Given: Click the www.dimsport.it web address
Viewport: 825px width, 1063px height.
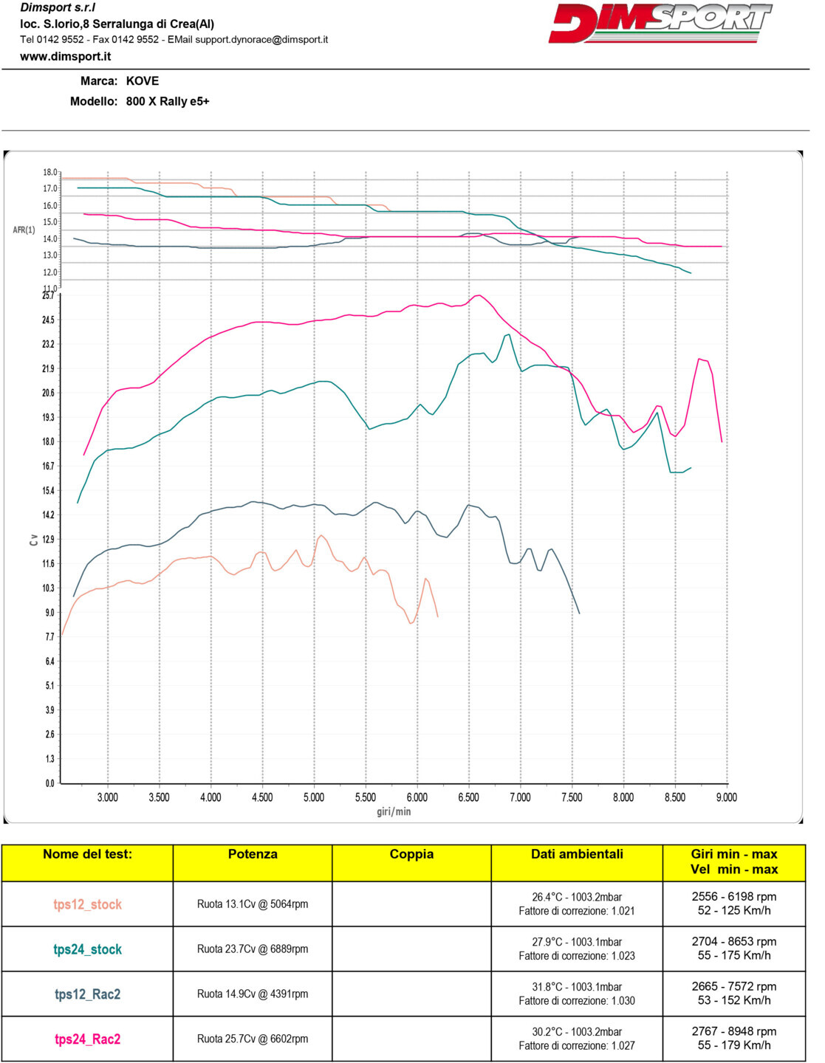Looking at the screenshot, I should coord(66,56).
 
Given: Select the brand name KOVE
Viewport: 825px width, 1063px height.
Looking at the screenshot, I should coord(143,81).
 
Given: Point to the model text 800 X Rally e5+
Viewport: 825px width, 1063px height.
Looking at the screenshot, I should coord(168,101).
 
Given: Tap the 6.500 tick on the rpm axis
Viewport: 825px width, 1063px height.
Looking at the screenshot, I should coord(468,797).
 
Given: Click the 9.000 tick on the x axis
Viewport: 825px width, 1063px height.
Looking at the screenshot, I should coord(726,797).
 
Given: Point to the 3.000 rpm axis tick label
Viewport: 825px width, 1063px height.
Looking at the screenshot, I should coord(108,797).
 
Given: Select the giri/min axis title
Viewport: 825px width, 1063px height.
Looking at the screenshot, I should coord(394,812).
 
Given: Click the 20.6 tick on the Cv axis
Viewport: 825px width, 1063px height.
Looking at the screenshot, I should coord(48,393).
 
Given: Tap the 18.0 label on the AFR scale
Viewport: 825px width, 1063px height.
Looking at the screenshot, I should coord(49,172).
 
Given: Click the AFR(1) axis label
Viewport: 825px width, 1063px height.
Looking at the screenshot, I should coord(24,230).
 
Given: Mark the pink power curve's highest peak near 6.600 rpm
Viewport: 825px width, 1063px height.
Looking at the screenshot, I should coord(479,295).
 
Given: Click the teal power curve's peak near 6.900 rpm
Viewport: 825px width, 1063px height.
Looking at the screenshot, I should coord(508,335).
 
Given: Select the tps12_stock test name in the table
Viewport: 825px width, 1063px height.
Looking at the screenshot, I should coord(87,904).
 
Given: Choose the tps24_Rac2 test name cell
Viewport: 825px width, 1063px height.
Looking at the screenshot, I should coord(87,1039).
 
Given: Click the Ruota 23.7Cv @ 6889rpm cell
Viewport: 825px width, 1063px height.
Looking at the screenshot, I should coord(253,949).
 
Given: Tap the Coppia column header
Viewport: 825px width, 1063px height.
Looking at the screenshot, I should coord(411,854).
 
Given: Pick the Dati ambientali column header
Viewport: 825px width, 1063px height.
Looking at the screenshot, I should coord(577,854).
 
